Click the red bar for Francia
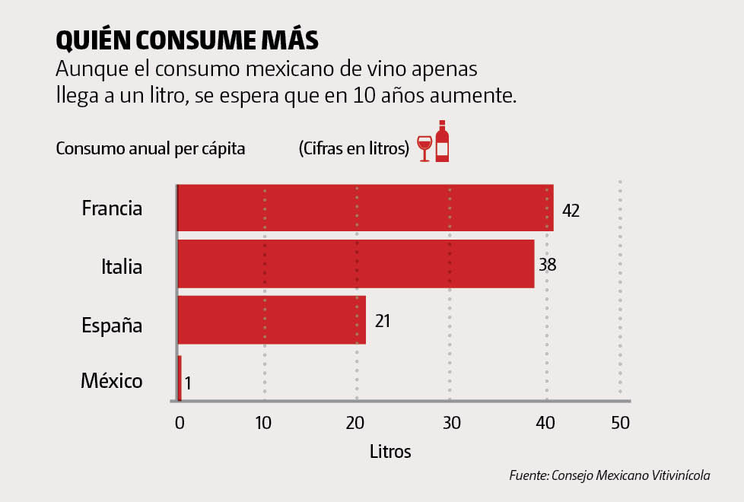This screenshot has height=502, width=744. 365,208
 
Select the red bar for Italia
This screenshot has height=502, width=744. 355,264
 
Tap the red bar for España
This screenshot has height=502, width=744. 272,320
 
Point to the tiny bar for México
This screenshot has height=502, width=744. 180,378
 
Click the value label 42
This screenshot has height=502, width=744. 571,211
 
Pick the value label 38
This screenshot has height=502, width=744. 548,265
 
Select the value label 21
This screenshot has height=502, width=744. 383,321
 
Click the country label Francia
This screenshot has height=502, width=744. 112,208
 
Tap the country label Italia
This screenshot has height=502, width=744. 122,266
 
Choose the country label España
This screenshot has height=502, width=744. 112,325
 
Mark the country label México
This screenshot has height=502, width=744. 111,380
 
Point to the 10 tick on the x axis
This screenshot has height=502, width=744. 263,423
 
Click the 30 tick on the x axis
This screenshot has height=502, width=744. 452,423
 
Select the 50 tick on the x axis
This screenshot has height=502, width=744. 621,423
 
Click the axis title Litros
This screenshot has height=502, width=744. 390,451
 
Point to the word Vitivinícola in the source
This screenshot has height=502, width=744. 681,475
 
